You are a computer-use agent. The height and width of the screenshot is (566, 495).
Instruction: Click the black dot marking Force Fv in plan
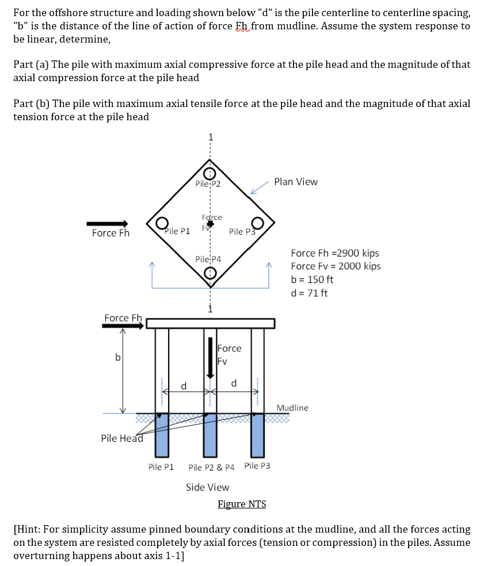tap(210, 223)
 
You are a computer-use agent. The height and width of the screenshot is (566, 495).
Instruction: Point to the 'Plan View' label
tap(296, 182)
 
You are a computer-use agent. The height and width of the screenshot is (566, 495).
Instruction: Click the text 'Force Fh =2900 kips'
tap(335, 253)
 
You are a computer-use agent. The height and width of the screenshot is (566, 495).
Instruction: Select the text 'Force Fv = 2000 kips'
tap(336, 266)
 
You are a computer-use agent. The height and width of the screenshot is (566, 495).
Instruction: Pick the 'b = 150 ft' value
tap(312, 280)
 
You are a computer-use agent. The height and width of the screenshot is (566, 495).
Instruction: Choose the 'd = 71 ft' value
tap(309, 293)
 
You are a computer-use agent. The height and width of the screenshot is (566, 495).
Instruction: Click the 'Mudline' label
tap(292, 408)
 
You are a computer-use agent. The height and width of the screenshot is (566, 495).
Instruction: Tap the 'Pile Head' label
tap(122, 438)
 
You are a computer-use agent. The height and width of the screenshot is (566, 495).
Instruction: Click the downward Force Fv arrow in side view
tap(210, 358)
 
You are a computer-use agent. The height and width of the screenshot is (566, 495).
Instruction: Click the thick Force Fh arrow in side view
tap(123, 326)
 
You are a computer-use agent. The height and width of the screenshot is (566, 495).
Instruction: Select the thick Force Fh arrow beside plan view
tap(107, 224)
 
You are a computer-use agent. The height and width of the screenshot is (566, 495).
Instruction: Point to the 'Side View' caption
tap(207, 487)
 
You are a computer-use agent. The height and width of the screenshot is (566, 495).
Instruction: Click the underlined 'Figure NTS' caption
tap(242, 504)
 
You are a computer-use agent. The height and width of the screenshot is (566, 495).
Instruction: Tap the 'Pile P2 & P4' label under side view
tap(211, 468)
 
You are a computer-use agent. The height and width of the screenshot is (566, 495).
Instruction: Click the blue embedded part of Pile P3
tap(258, 435)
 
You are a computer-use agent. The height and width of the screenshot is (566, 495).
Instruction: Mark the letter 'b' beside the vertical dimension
tap(117, 357)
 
